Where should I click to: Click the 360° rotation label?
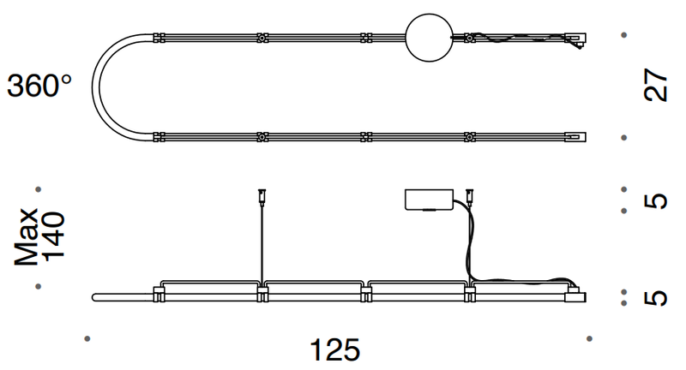39,86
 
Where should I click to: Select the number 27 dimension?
656,86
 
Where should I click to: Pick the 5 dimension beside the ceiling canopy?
656,201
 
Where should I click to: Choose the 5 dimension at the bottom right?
656,297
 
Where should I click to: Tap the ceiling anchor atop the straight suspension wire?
260,194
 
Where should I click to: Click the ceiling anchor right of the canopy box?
469,194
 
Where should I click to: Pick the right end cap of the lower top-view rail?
576,136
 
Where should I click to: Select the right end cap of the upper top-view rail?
576,39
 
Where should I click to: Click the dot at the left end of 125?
87,339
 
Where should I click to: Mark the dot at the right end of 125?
587,339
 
